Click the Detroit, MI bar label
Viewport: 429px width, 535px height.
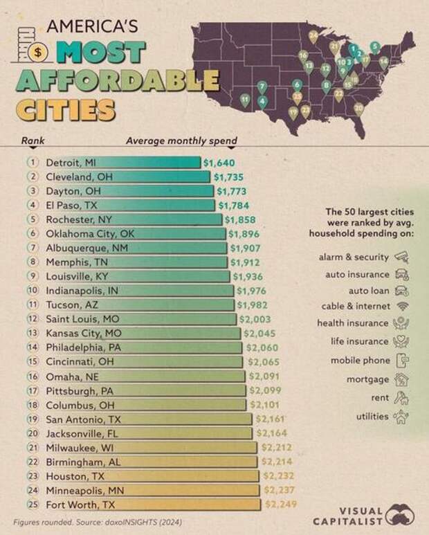point(71,162)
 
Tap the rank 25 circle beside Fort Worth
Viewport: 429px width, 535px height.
point(31,505)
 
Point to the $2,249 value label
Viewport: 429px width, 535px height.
point(282,505)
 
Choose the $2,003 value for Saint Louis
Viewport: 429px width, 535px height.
point(256,319)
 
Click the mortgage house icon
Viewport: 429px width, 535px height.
point(401,379)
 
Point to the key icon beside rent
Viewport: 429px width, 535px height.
point(401,398)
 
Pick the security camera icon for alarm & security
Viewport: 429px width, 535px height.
point(401,257)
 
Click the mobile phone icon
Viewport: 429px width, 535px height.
point(401,361)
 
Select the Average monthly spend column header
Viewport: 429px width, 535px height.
point(181,140)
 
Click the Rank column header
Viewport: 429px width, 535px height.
point(33,140)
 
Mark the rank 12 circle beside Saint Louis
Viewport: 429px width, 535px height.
point(31,319)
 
